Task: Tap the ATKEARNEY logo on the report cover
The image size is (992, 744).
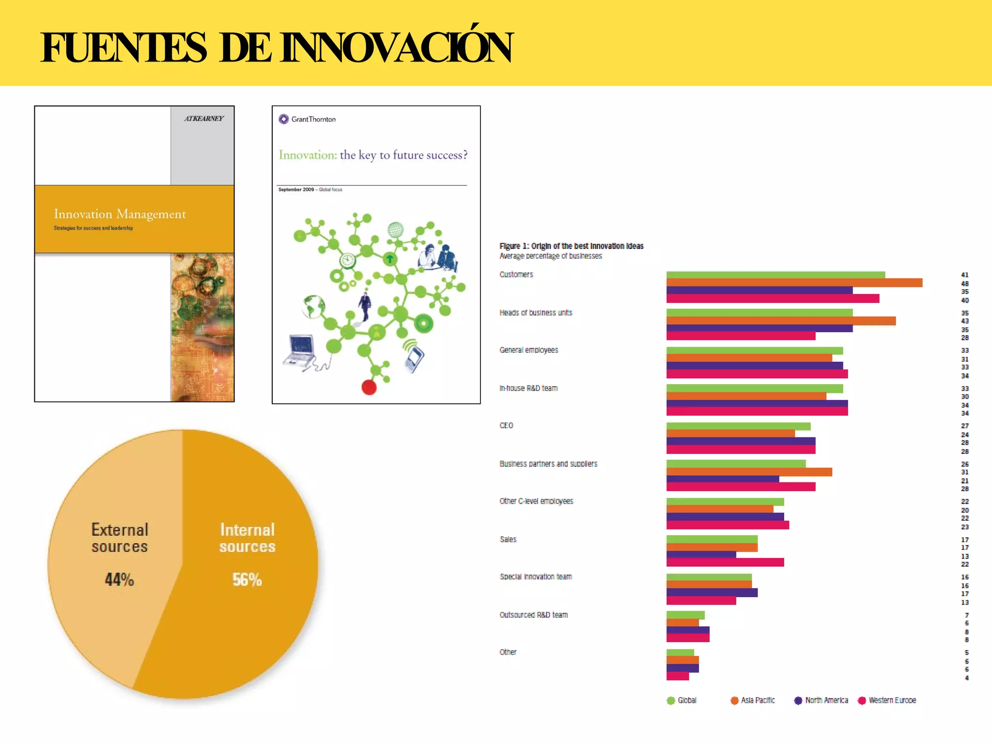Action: pyautogui.click(x=203, y=119)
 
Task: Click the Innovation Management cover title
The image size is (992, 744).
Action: pyautogui.click(x=120, y=214)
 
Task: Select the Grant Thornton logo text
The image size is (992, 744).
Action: pyautogui.click(x=313, y=119)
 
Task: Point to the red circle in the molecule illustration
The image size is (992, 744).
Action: pyautogui.click(x=369, y=387)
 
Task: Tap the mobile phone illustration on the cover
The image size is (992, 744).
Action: pyautogui.click(x=414, y=358)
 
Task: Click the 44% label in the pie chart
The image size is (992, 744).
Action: pyautogui.click(x=119, y=579)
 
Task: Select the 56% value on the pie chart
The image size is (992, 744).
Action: pyautogui.click(x=247, y=579)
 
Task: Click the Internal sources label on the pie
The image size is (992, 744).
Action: pyautogui.click(x=247, y=538)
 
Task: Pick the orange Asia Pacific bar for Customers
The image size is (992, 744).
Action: pyautogui.click(x=794, y=283)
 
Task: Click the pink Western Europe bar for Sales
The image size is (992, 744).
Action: pyautogui.click(x=725, y=562)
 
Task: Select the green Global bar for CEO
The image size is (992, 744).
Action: pyautogui.click(x=738, y=426)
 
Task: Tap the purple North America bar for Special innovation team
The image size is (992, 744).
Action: pyautogui.click(x=712, y=592)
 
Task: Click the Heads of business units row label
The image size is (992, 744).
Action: pyautogui.click(x=536, y=313)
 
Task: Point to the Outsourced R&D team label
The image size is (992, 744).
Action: pyautogui.click(x=533, y=615)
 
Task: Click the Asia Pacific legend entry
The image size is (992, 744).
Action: pyautogui.click(x=753, y=700)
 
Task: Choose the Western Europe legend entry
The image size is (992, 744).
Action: pyautogui.click(x=887, y=700)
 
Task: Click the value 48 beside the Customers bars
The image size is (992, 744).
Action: pyautogui.click(x=964, y=284)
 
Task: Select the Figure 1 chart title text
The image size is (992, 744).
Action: pyautogui.click(x=571, y=246)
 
